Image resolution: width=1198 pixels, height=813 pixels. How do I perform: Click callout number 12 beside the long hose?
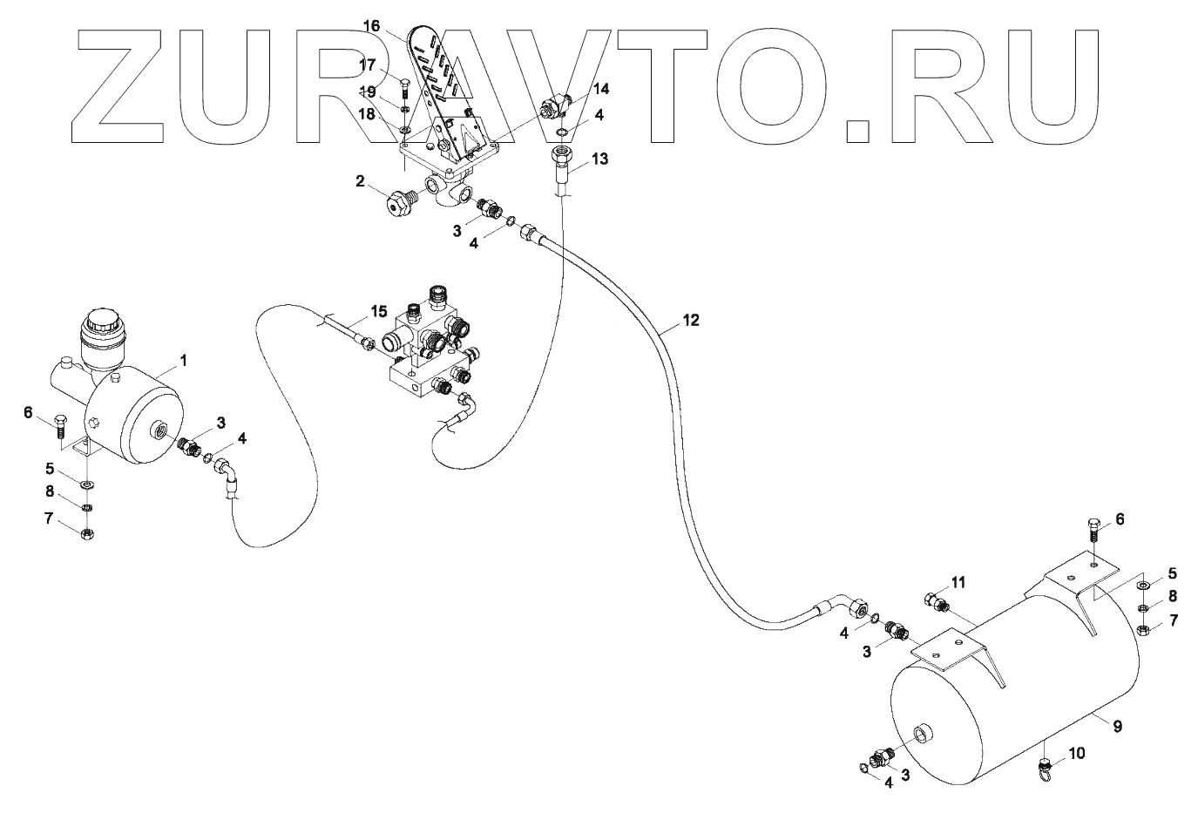click(690, 320)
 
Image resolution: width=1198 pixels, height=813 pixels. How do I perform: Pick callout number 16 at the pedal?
click(372, 27)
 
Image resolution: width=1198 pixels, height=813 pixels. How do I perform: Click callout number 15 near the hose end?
click(378, 311)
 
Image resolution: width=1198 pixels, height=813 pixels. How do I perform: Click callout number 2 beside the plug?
click(359, 181)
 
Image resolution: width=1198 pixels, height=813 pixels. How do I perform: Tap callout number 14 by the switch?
click(602, 88)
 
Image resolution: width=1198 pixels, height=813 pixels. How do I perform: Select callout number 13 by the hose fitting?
click(599, 159)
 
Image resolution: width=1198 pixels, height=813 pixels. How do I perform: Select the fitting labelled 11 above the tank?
click(935, 601)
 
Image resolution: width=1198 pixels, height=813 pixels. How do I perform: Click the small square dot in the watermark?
click(858, 130)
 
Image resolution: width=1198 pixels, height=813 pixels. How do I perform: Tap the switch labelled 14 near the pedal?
click(554, 108)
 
